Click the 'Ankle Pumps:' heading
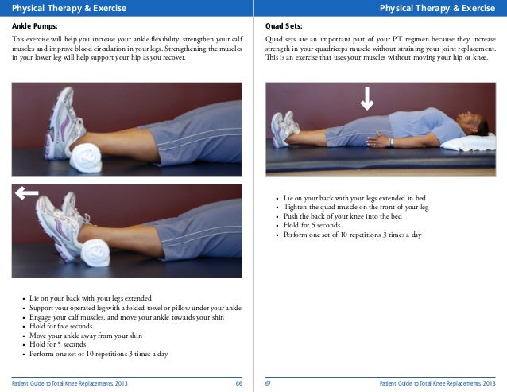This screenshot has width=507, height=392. point(35,26)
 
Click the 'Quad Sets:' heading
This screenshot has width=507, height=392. point(284,26)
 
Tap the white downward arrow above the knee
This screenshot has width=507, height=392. point(367,99)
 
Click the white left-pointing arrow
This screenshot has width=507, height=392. point(26,193)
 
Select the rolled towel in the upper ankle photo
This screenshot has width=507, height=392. point(86,157)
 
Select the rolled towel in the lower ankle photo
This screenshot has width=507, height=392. point(95,253)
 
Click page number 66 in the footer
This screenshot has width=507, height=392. point(238,383)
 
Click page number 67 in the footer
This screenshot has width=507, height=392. point(268,383)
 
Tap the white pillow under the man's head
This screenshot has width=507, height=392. point(469,142)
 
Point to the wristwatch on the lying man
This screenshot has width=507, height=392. point(391,142)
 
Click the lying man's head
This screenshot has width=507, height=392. point(474,123)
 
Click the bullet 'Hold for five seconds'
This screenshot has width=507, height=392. point(60,326)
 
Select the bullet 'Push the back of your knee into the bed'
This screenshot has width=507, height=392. point(343,216)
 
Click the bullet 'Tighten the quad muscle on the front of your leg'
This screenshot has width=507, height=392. point(356,207)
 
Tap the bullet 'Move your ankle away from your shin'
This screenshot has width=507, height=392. point(86,336)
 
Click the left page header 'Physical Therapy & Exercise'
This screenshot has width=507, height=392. point(69,8)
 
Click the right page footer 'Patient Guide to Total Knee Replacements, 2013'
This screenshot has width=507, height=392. point(438,383)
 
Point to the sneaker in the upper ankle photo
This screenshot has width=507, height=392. point(64,123)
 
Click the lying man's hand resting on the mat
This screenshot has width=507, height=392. point(377,140)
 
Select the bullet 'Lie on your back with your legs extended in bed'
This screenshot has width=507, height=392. point(354,198)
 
